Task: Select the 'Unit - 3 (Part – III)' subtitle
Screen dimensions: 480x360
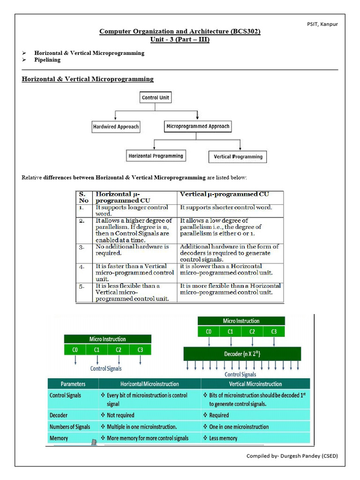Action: (180, 40)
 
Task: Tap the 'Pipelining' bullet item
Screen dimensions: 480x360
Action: (47, 60)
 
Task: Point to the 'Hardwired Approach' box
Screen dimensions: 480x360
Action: (116, 127)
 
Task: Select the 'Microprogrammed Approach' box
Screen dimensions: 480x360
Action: (198, 126)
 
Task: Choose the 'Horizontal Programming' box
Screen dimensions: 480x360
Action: (156, 156)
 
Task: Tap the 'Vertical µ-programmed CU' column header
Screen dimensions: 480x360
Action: (225, 194)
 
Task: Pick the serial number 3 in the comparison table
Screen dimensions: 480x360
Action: (82, 246)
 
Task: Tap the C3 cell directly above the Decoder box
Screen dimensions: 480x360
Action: (274, 331)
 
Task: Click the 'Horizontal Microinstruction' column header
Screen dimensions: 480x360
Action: (150, 383)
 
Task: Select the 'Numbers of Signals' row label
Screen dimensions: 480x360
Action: (70, 427)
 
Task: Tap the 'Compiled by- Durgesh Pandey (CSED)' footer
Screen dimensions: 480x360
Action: (292, 456)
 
